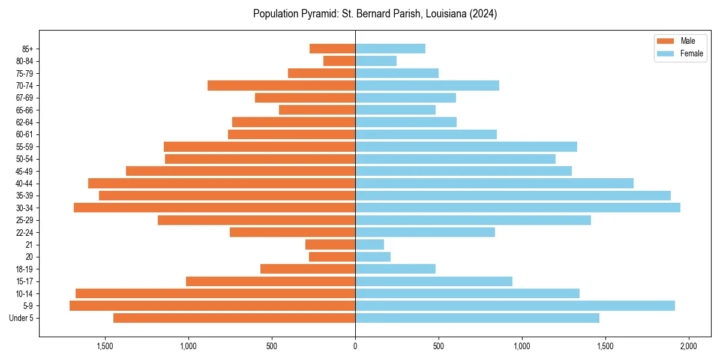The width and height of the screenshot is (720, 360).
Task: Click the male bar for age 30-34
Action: point(214,208)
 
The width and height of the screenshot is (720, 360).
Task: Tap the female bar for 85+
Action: point(390,49)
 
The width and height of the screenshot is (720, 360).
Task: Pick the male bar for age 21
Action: point(330,244)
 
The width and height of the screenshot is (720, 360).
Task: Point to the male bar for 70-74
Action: point(281,85)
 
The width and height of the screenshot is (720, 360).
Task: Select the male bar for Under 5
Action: point(234,318)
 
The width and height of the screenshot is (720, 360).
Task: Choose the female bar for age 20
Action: point(373,257)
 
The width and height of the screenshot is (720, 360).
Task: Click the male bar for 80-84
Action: point(339,61)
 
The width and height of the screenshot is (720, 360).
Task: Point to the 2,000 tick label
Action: point(688,346)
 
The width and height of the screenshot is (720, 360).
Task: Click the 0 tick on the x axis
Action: point(355,346)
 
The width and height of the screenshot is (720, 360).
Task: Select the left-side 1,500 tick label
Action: point(105,346)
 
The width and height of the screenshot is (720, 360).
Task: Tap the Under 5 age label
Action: point(21,318)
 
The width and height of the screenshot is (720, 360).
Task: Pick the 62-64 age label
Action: point(25,122)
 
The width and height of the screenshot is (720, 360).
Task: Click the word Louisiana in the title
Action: point(446,14)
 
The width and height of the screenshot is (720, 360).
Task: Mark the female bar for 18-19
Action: point(395,269)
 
